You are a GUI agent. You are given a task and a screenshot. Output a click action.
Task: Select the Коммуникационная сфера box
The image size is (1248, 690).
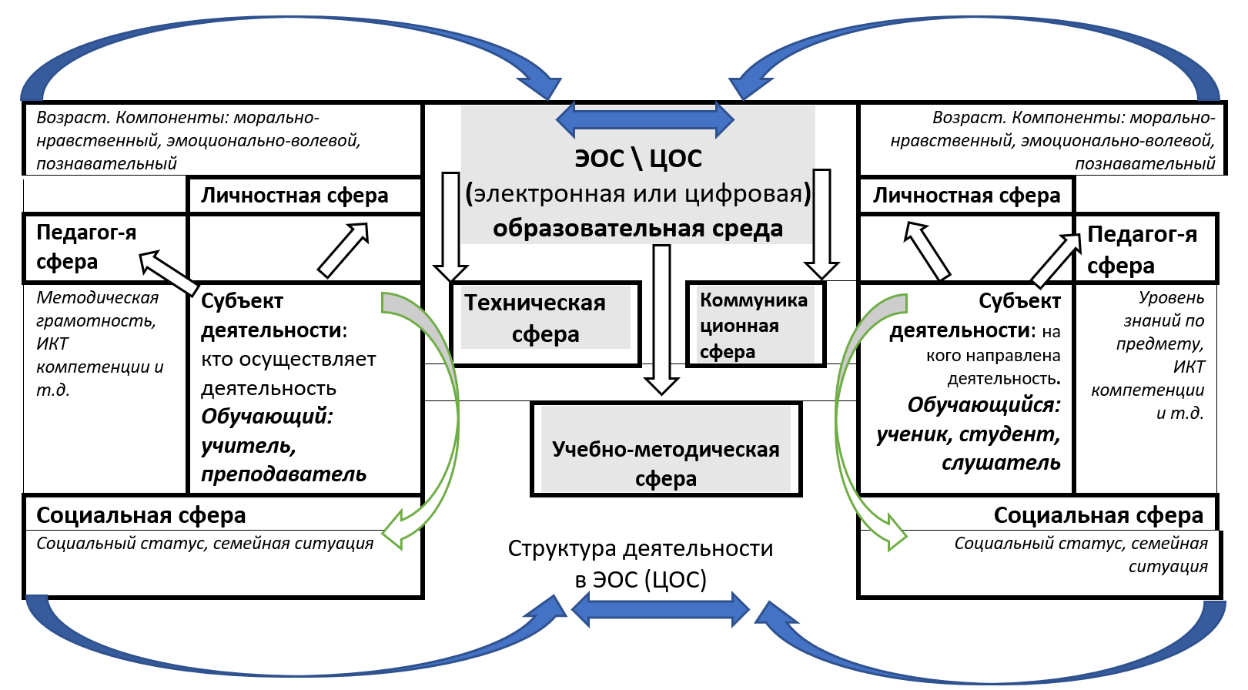pos(754,325)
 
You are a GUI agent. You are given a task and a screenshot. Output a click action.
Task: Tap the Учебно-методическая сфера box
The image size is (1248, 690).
pos(666,464)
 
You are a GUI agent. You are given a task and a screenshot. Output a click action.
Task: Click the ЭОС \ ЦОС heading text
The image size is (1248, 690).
pos(638,159)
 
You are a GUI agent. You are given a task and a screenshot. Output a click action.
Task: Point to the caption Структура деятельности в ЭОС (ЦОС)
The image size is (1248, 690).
pos(641,564)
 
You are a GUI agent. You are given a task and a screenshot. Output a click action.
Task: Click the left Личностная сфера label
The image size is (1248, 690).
pos(295,196)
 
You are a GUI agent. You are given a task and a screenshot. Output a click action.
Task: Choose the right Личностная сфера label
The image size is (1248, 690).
pos(966,196)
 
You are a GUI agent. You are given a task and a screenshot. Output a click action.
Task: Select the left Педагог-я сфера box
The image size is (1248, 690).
pos(86,247)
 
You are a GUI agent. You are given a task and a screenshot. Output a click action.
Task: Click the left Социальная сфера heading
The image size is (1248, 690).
pos(141,515)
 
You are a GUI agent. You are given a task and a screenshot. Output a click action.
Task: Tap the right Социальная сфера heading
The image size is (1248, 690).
pos(1098,515)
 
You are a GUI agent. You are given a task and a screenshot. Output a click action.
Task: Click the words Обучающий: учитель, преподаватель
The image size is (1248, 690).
pos(283,446)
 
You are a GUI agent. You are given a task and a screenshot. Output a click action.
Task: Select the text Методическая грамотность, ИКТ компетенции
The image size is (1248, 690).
pos(99,343)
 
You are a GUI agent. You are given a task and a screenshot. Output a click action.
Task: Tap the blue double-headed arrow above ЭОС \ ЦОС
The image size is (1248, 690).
pos(644,119)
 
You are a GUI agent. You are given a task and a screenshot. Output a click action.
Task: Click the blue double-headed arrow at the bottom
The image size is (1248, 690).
pos(660,610)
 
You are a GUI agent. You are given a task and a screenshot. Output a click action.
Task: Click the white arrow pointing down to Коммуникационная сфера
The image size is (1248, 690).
pos(821,223)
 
